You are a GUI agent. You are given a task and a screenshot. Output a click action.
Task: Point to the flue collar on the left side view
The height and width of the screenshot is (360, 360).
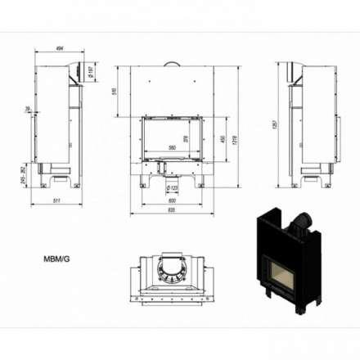pos(73,70)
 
